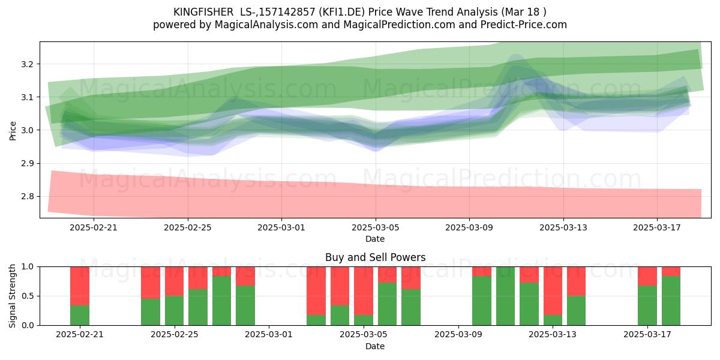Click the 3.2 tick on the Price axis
(x=27, y=64)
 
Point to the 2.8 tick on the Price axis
(x=27, y=196)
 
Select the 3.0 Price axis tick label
(x=27, y=131)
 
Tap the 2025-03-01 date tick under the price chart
(x=281, y=227)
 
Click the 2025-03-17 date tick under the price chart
(x=656, y=227)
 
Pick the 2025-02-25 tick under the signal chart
(x=175, y=335)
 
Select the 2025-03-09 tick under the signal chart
(x=458, y=335)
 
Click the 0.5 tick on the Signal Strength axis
(x=27, y=296)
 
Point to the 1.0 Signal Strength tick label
(x=27, y=267)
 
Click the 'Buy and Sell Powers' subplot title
(x=375, y=257)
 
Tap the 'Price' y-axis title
(x=13, y=131)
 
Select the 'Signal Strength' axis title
(x=12, y=296)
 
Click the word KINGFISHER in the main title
(x=203, y=12)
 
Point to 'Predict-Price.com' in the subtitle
(x=524, y=25)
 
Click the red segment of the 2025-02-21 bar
(x=80, y=286)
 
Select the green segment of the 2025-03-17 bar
(x=647, y=305)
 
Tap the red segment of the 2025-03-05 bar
(x=364, y=291)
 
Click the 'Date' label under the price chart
(x=375, y=239)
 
